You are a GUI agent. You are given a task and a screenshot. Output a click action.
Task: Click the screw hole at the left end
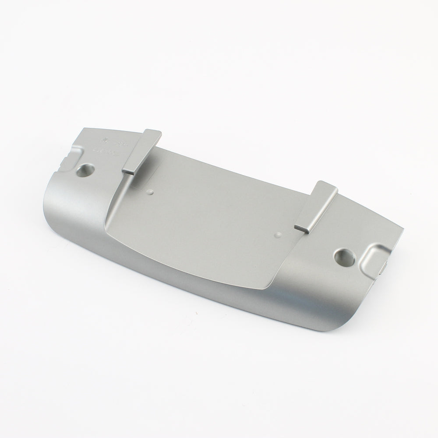[x=86, y=170]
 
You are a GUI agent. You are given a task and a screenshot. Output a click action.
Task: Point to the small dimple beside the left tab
[x=151, y=192]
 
